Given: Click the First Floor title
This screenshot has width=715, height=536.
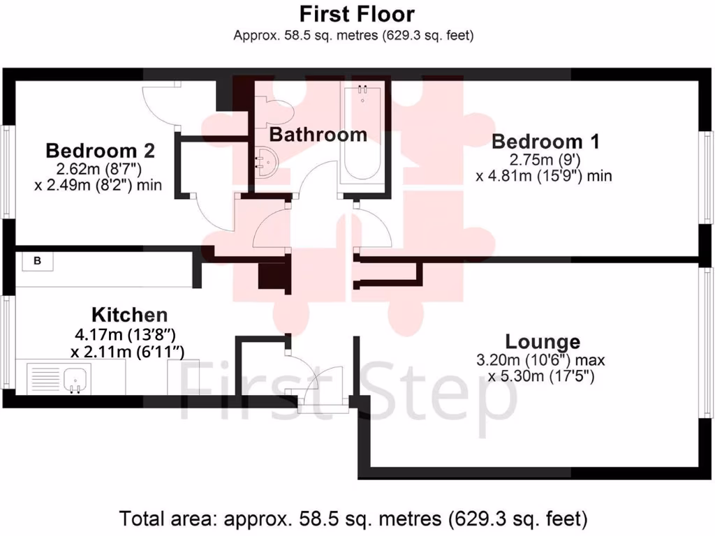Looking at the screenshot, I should (x=356, y=14).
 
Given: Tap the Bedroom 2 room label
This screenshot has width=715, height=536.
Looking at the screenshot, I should (x=100, y=150).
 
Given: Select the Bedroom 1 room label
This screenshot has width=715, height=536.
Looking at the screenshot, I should (x=545, y=142).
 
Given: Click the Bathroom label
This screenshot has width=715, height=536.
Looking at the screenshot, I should (x=318, y=135).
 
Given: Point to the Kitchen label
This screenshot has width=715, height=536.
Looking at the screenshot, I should (x=130, y=314).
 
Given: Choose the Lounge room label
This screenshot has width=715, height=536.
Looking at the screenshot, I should (x=543, y=342).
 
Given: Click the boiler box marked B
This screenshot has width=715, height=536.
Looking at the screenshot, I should (x=38, y=261).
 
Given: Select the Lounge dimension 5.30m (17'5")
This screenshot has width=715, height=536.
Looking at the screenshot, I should (x=540, y=378).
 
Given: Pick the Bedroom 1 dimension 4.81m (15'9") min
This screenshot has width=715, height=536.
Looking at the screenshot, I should (x=544, y=176).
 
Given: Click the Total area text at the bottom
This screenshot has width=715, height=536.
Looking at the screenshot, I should (x=354, y=519).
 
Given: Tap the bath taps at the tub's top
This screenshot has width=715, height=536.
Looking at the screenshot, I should (x=362, y=89).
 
